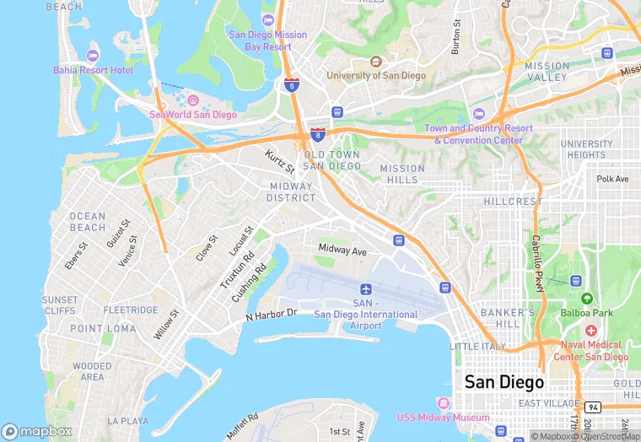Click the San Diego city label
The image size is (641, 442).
click(x=504, y=382)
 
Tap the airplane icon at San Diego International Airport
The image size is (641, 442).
click(x=365, y=289)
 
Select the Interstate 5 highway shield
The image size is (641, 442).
click(x=291, y=85)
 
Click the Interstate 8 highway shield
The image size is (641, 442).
click(x=317, y=134)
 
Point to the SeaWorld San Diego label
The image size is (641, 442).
click(x=193, y=115)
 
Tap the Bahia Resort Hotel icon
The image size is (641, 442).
click(x=92, y=56)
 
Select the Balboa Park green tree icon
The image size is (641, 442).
click(x=586, y=299)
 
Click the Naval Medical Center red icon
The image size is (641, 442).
click(x=590, y=330)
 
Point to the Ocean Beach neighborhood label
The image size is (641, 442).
click(x=88, y=222)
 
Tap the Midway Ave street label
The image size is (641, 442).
click(x=342, y=251)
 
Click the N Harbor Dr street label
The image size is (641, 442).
click(x=272, y=315)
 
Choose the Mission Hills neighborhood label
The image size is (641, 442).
click(x=403, y=174)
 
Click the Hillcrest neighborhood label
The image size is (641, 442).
click(x=514, y=202)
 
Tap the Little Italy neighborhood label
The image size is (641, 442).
click(x=478, y=347)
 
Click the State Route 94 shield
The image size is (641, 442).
click(x=593, y=407)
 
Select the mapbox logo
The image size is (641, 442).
click(x=38, y=430)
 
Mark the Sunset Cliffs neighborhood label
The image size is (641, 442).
click(x=60, y=305)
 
